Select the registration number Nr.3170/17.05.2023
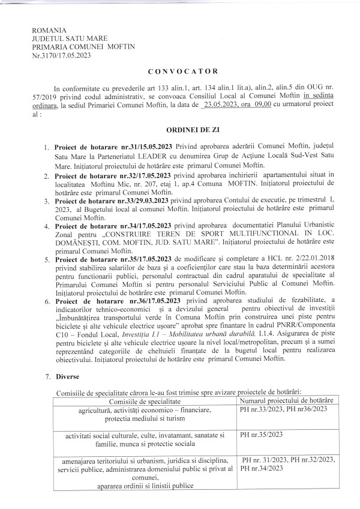[x=62, y=54]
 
